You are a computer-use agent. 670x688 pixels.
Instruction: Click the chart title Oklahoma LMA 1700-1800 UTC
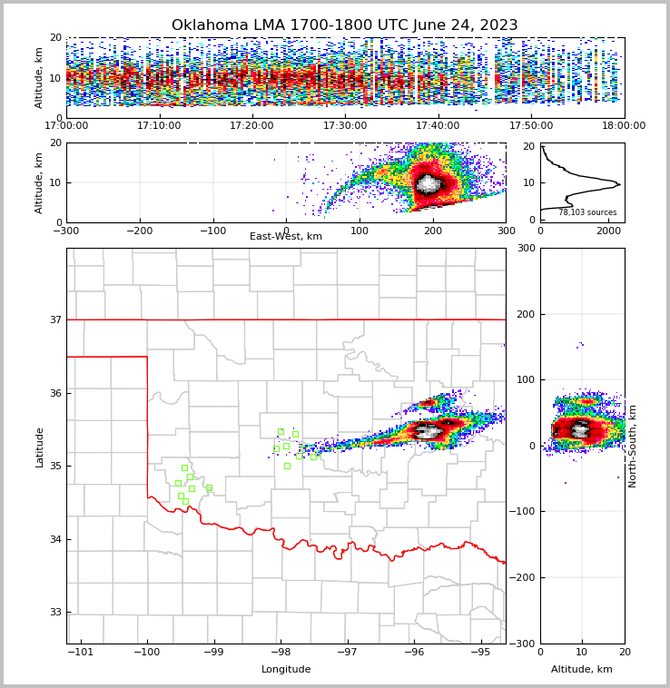click(344, 25)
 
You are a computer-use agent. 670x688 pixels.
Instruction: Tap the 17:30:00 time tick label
click(345, 126)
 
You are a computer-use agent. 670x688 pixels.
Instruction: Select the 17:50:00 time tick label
click(531, 126)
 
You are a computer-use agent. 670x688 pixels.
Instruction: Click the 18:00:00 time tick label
click(624, 126)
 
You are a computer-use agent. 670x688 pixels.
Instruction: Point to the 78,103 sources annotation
click(587, 212)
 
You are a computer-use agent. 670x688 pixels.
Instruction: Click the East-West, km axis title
click(286, 237)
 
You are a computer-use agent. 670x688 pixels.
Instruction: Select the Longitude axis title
click(286, 670)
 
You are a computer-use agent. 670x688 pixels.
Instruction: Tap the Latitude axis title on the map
click(39, 447)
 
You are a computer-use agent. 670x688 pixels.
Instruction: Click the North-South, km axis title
click(633, 446)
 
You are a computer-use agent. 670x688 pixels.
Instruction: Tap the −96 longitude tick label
click(413, 653)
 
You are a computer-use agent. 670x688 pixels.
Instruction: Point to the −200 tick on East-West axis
click(139, 231)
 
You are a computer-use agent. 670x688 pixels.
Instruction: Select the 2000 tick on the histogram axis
click(607, 231)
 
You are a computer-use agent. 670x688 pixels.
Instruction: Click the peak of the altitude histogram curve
click(619, 184)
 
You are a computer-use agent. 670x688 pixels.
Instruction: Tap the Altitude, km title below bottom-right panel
click(582, 670)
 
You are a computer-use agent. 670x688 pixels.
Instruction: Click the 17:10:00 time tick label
click(159, 126)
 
